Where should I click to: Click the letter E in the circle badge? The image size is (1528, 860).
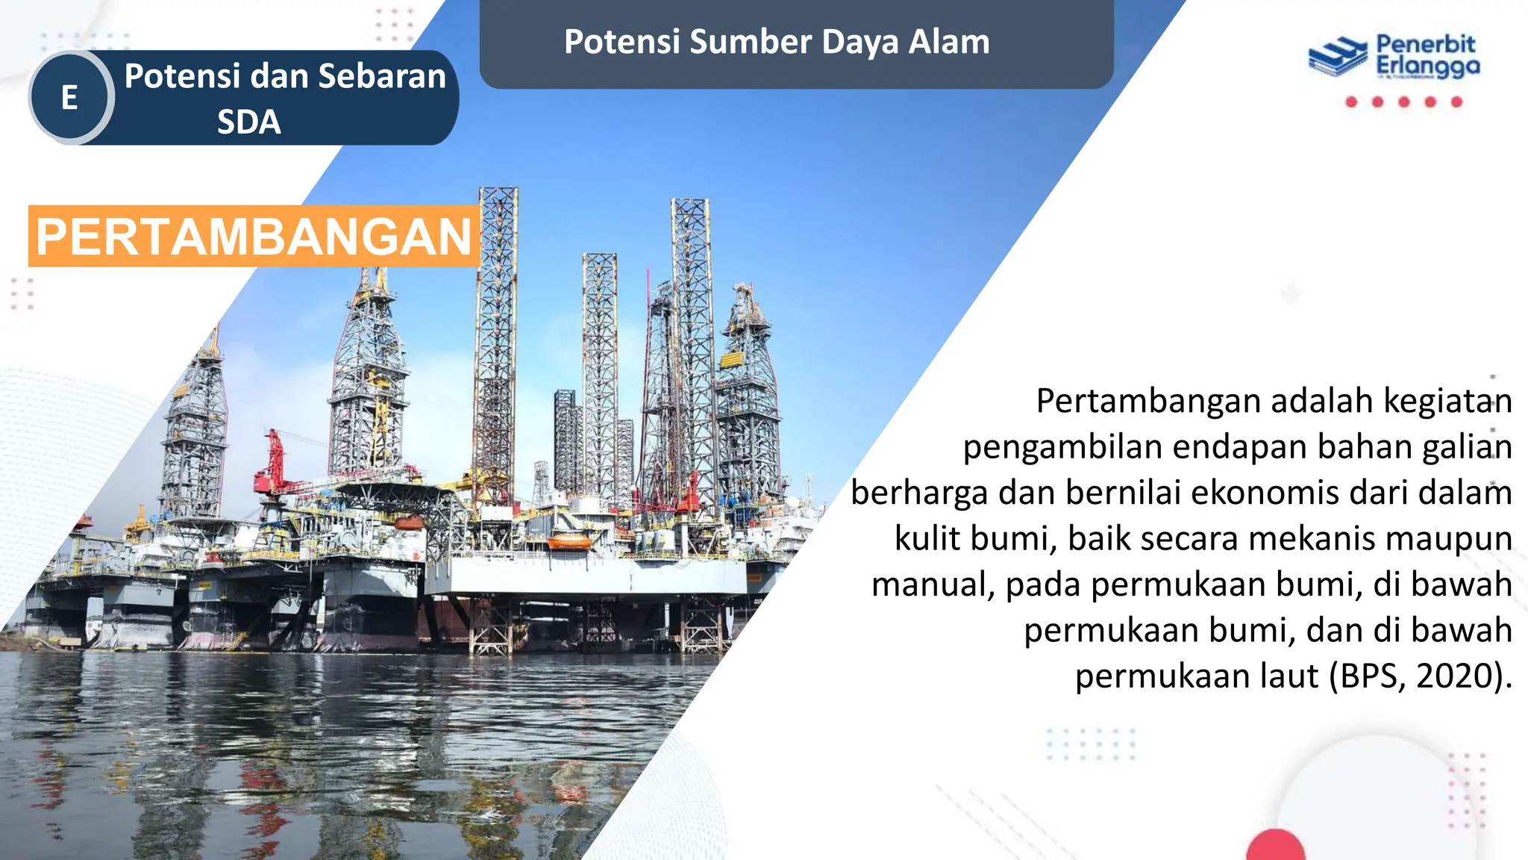[x=69, y=98]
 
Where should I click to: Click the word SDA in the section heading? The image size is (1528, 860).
[x=249, y=122]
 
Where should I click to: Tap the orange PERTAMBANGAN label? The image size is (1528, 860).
[x=254, y=237]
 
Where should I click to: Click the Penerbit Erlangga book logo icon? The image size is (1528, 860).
[x=1337, y=57]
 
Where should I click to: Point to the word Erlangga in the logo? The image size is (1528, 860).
[x=1428, y=67]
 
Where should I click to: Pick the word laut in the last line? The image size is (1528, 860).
[x=1289, y=676]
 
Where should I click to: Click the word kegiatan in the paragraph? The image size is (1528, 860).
[x=1447, y=402]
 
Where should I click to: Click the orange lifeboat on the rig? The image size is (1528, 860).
[x=569, y=540]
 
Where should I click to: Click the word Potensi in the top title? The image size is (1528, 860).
[x=622, y=42]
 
